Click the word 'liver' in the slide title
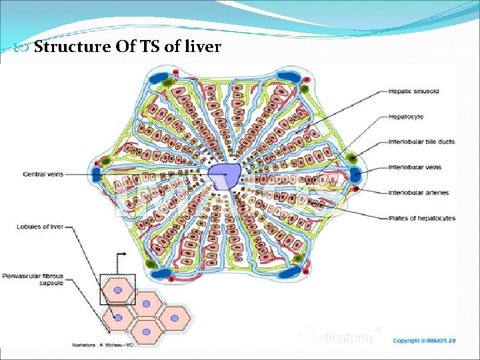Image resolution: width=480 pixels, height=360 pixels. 202,47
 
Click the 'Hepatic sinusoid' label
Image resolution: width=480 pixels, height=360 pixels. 414,91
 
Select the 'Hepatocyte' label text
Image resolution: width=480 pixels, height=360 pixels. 406,117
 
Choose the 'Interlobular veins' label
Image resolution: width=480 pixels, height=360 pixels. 415,167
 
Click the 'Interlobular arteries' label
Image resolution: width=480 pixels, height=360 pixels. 419,193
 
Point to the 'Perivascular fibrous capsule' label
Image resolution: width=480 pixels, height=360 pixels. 39,279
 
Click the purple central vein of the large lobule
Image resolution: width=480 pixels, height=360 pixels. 224,176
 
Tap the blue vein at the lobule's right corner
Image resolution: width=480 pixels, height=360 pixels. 355,175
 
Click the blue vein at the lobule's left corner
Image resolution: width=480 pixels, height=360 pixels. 97,175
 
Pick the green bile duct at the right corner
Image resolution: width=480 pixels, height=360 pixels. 351,159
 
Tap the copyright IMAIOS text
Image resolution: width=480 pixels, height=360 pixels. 424,341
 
